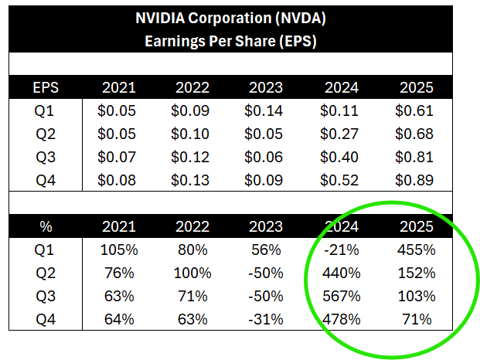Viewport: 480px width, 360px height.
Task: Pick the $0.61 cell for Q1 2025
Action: click(x=414, y=110)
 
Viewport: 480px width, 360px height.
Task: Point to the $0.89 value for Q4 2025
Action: click(x=414, y=180)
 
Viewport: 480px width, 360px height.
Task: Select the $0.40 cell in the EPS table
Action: click(x=339, y=157)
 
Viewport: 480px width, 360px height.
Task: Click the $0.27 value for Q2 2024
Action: click(x=339, y=134)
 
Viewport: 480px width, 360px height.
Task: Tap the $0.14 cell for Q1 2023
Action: click(x=265, y=110)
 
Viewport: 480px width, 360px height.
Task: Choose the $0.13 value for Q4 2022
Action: click(x=191, y=180)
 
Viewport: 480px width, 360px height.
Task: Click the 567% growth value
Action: click(x=339, y=296)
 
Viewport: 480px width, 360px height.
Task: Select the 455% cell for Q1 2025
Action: click(x=414, y=250)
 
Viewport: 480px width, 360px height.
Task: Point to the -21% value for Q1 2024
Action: click(x=339, y=250)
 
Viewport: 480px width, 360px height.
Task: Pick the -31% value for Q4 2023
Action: click(x=265, y=319)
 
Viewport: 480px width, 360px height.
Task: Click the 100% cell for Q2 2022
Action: click(x=191, y=273)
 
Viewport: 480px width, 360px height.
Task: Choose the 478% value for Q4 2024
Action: click(x=339, y=319)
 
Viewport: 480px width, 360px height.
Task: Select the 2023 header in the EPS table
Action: click(x=265, y=87)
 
